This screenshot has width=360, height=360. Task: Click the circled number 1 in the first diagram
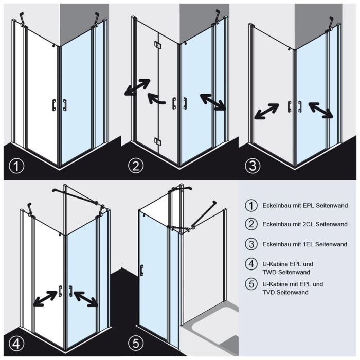[x=17, y=166]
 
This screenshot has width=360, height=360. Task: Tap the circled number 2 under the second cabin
[x=136, y=166]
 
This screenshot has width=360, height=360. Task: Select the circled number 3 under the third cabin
[x=253, y=166]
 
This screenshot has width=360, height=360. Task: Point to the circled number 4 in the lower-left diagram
[x=17, y=344]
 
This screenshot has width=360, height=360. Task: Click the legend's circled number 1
[x=251, y=205]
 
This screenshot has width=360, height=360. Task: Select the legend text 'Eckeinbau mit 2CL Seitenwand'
[x=305, y=224]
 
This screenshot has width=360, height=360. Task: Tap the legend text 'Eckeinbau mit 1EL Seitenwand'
[x=305, y=244]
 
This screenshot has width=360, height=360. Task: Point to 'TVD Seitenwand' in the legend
[x=285, y=292]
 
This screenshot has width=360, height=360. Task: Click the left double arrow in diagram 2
[x=137, y=87]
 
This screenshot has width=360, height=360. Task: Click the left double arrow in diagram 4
[x=45, y=298]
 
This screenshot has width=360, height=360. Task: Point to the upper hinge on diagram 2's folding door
[x=157, y=46]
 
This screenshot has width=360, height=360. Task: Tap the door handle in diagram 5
[x=141, y=271]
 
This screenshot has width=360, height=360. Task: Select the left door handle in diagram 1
[x=54, y=105]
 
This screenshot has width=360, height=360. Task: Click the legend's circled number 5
[x=251, y=284]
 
